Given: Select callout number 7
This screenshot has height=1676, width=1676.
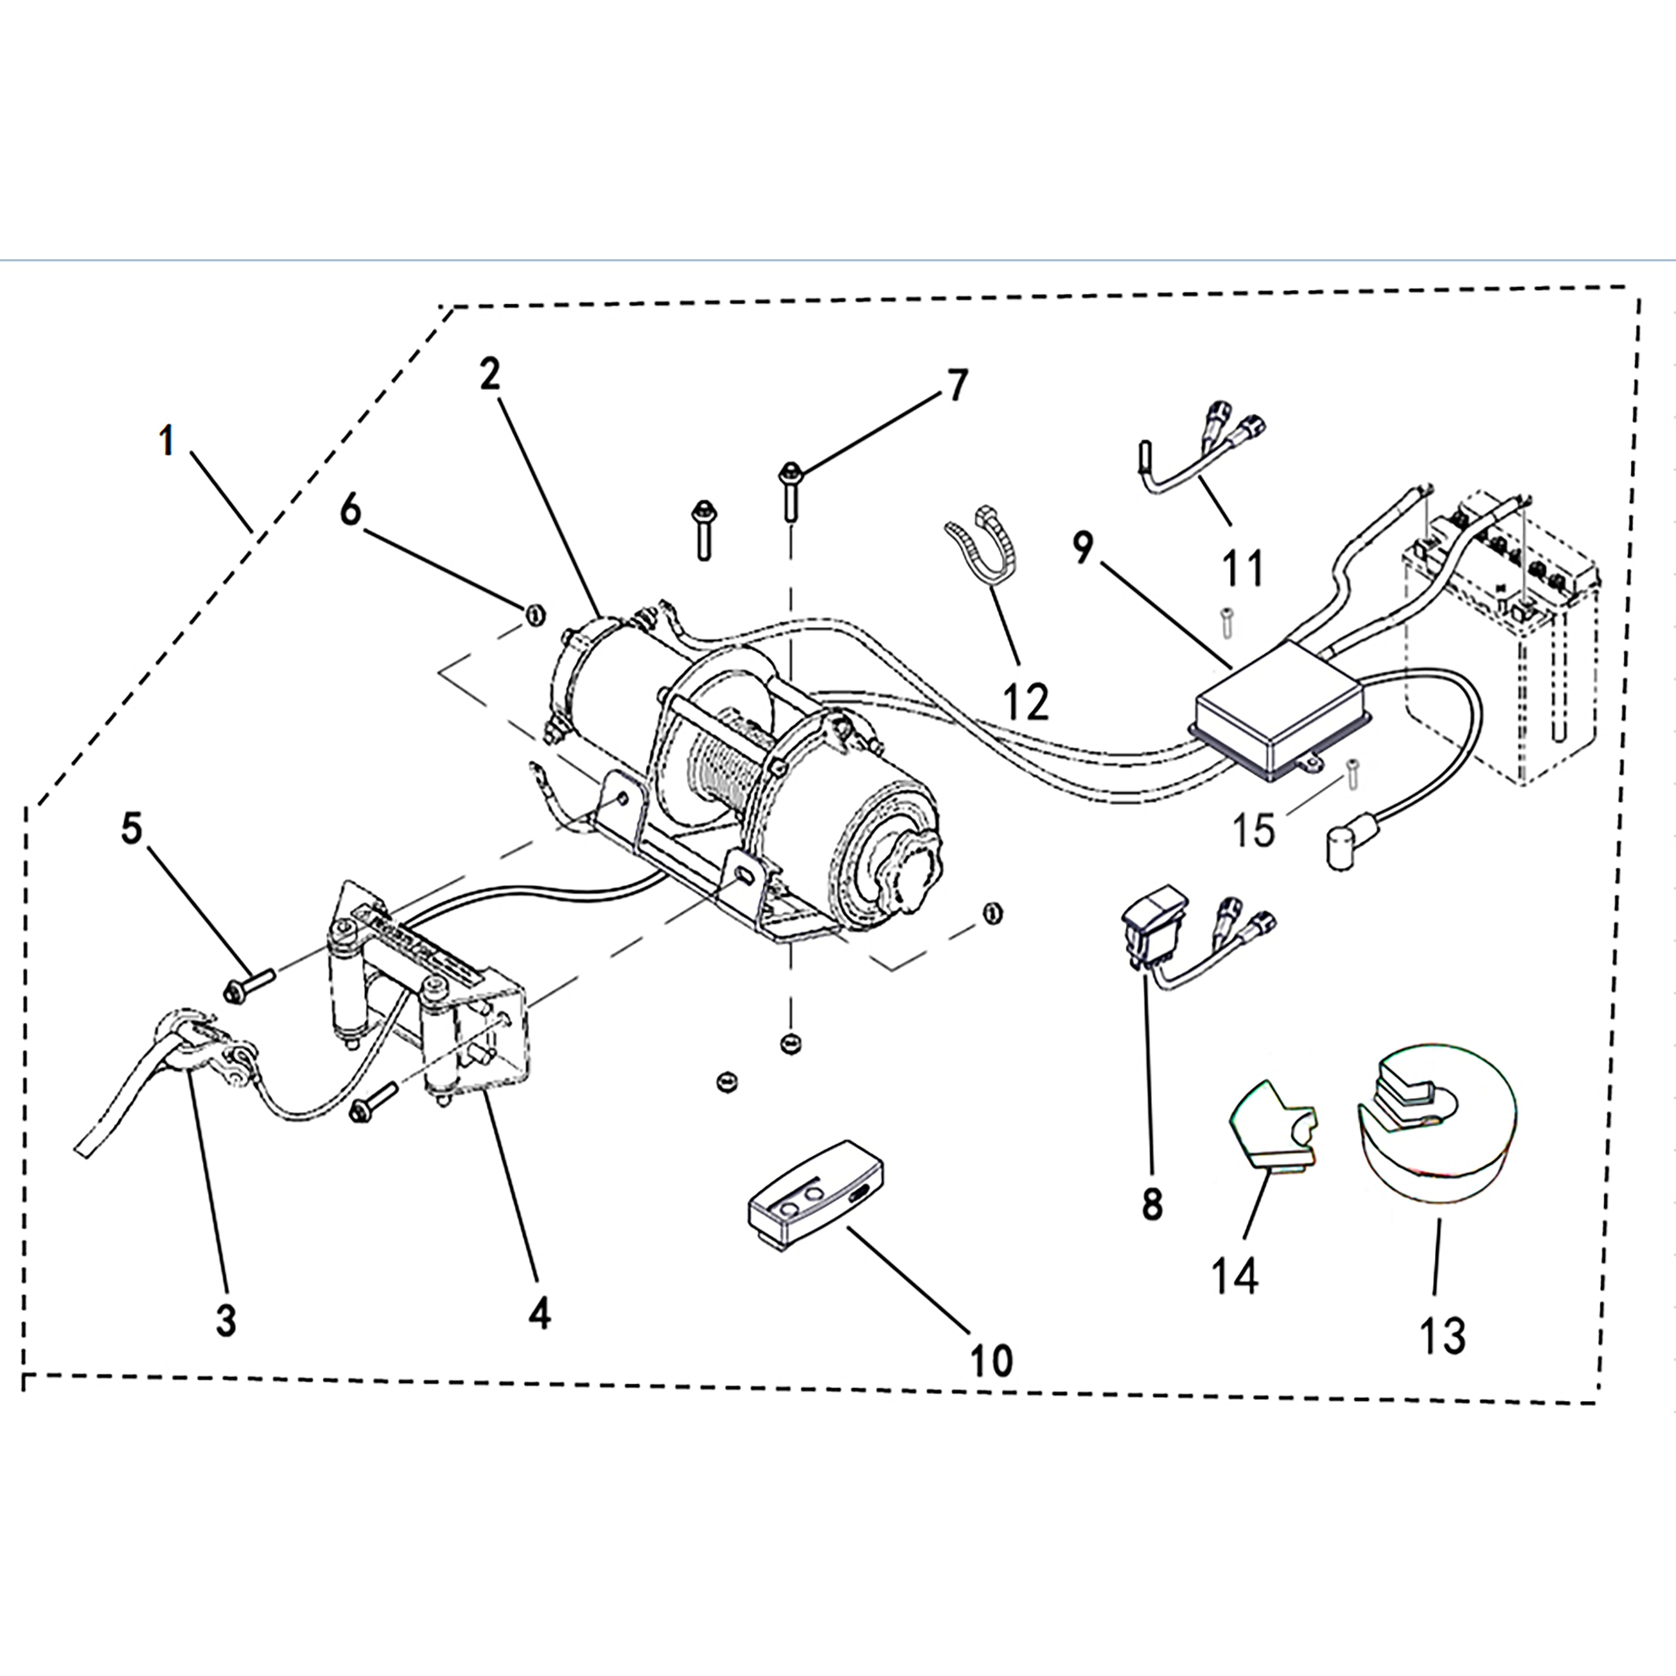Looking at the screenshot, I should click(x=956, y=385).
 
